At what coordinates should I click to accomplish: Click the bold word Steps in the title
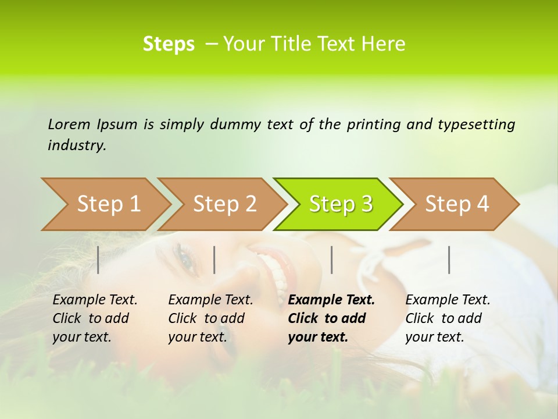tap(169, 44)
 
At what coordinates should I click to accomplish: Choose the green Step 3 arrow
tap(341, 204)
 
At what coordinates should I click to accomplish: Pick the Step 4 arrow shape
tap(457, 204)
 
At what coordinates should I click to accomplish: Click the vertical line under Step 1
tap(98, 260)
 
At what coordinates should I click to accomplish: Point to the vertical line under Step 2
tap(214, 260)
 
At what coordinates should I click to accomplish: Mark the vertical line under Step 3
tap(331, 260)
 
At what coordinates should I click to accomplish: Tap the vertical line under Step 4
tap(449, 260)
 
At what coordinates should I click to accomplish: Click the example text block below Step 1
tap(95, 318)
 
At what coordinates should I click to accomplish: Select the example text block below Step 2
tap(210, 318)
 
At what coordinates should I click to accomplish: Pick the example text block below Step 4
tap(448, 318)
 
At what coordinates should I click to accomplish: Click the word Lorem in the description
tap(69, 124)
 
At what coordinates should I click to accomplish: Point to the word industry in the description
tap(77, 145)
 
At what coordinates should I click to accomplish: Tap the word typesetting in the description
tap(476, 125)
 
